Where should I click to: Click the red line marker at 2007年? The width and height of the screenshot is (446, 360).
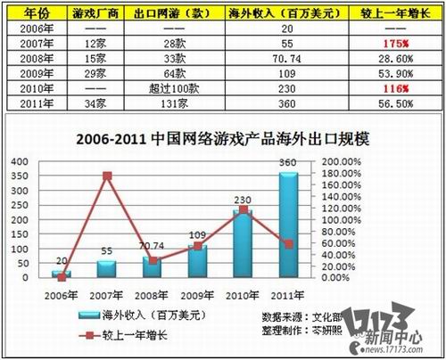tap(108, 176)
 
